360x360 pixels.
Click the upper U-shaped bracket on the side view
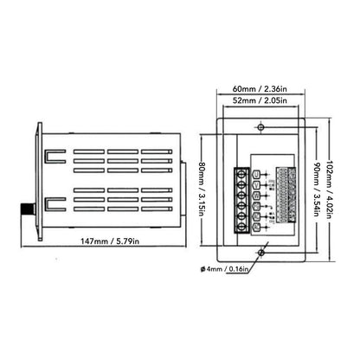52,158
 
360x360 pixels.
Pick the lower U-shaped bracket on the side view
52,206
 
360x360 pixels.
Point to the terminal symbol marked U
256,172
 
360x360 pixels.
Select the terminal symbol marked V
256,184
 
